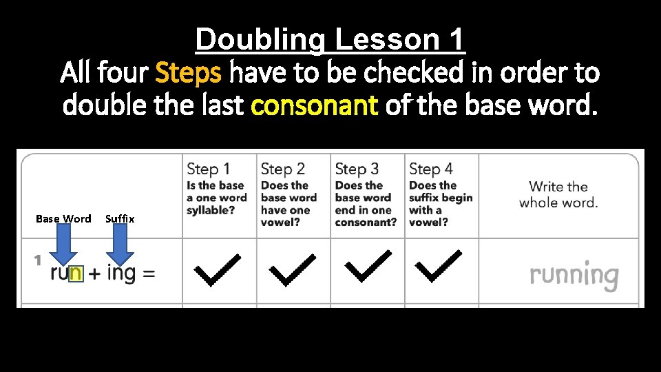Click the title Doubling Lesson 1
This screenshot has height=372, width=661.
(330, 40)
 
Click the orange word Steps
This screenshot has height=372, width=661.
(189, 72)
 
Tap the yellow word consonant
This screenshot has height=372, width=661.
(315, 106)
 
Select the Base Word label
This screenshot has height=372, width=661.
(63, 218)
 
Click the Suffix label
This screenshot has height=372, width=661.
(120, 218)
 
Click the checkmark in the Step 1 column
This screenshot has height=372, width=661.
(218, 270)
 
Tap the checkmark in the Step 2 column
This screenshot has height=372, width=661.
(292, 270)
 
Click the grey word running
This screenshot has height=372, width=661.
(574, 276)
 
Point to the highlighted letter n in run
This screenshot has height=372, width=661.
(75, 273)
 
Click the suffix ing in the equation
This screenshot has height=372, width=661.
(121, 273)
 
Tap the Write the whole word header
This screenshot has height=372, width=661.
(558, 194)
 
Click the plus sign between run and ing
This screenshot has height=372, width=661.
(94, 273)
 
